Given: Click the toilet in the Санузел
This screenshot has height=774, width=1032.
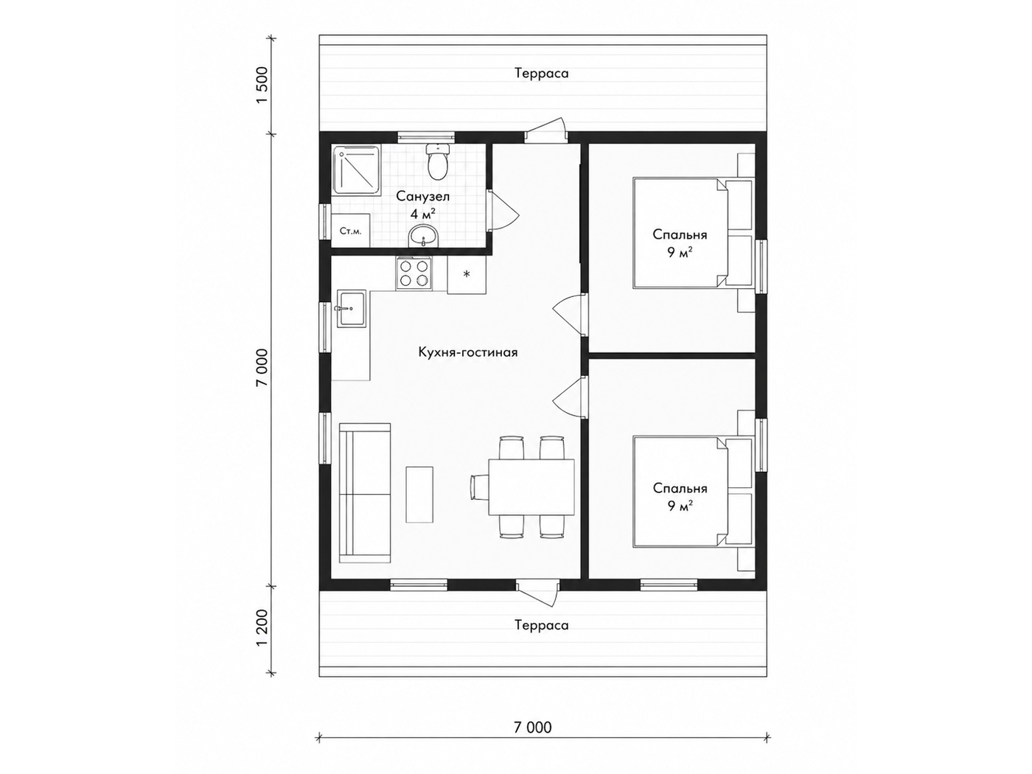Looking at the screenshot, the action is pos(438,162).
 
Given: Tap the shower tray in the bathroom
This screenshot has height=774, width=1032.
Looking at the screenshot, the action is pos(356,170).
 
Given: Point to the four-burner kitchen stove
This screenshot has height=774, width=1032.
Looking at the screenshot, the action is pos(414,273).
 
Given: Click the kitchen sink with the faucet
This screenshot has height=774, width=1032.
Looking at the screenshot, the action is pos(351,308).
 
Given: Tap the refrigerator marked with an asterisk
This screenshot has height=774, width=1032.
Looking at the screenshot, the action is pos(467,275).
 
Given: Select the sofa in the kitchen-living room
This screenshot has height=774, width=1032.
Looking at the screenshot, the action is pos(365,492).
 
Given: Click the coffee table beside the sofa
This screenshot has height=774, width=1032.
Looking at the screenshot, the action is pos(419,494).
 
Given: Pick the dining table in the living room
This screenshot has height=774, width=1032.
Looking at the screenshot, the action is pos(531,487).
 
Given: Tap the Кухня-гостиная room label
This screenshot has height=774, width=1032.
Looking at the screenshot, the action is pos(468,352).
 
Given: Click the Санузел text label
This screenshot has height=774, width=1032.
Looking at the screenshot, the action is pos(422,196).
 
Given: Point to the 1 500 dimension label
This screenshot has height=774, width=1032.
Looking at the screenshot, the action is pos(262,86).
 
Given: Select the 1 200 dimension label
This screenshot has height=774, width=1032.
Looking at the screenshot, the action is pos(262,628).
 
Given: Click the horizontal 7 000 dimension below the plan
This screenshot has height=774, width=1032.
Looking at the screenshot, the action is pos(533,727).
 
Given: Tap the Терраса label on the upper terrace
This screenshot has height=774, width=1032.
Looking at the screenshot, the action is pos(542,73).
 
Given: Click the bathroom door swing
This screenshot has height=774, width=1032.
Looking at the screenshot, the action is pos(502,209).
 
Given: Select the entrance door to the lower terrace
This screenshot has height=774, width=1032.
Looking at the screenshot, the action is pos(537,596).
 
